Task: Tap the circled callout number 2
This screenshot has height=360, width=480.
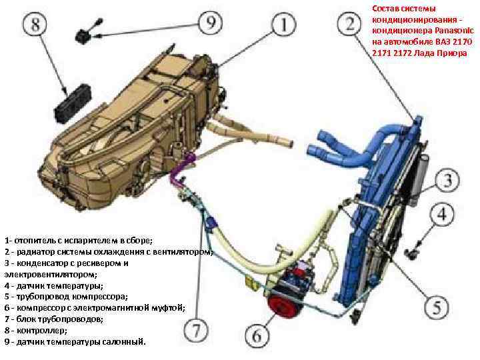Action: coord(350,27)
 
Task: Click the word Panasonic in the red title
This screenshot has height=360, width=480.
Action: coord(448,31)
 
